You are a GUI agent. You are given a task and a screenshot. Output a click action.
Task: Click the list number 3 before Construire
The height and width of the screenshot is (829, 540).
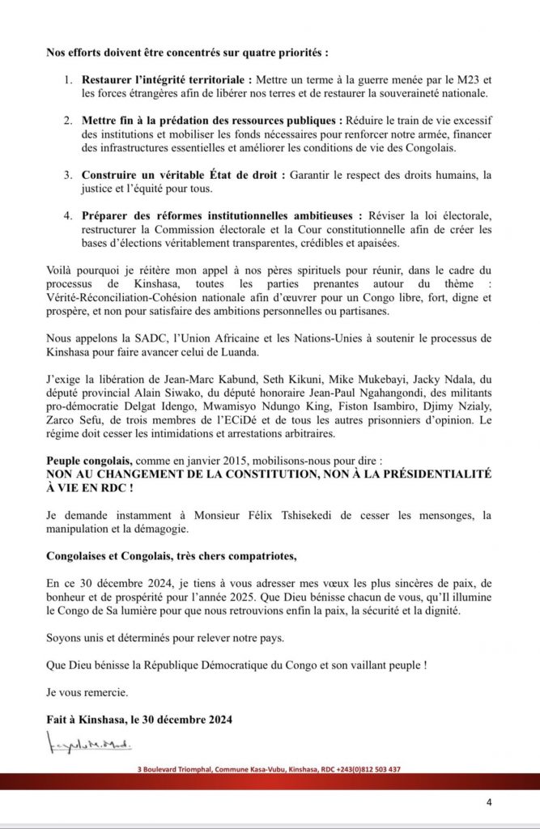tap(69, 175)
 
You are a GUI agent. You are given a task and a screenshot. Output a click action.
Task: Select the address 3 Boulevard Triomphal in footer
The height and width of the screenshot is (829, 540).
tap(176, 769)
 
